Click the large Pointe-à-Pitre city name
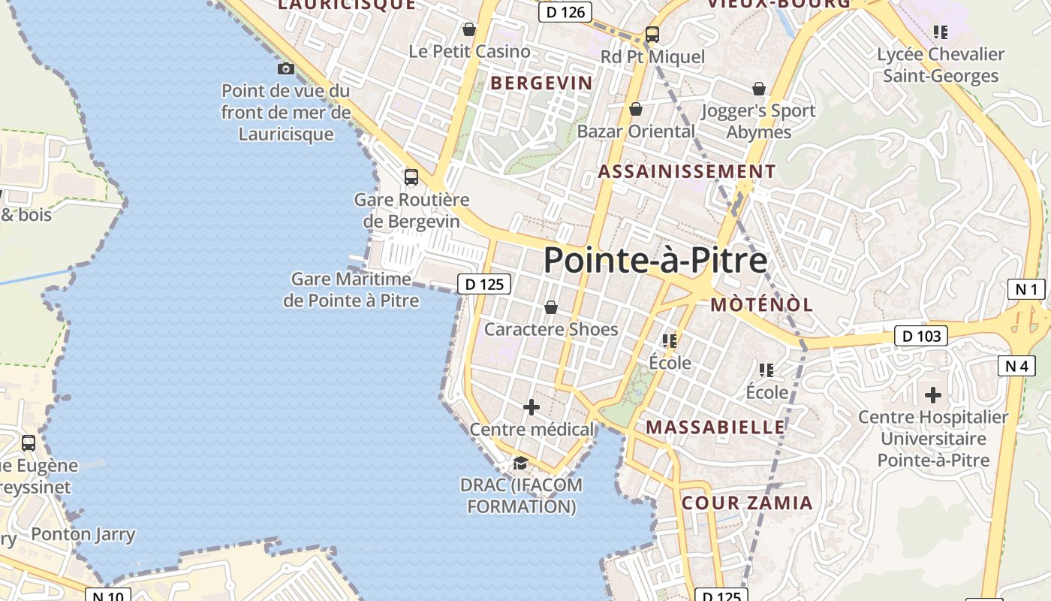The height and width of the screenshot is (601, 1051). click(x=655, y=261)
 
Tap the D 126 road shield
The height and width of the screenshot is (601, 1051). click(x=565, y=12)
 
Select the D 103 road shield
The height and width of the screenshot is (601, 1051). click(x=920, y=336)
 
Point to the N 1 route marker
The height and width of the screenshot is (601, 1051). click(x=1025, y=289)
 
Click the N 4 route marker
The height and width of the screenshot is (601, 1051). click(x=1016, y=366)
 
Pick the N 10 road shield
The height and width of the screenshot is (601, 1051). click(x=108, y=595)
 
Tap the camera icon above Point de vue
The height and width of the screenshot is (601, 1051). click(x=285, y=69)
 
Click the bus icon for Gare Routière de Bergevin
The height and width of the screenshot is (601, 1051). click(x=411, y=177)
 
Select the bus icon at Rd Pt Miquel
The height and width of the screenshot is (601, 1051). click(x=652, y=35)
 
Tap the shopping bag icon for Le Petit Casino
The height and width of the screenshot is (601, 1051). click(x=469, y=29)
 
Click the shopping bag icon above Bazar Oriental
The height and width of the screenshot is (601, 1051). click(x=636, y=109)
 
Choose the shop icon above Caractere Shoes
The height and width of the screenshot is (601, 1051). click(x=550, y=307)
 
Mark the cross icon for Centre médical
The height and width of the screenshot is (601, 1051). click(x=532, y=407)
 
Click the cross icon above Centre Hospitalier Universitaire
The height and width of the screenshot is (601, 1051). click(x=933, y=394)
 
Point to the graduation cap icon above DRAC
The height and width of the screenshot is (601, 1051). click(x=520, y=462)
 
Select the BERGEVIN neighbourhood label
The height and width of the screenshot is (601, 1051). click(x=541, y=83)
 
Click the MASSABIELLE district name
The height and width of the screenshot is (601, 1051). click(x=715, y=427)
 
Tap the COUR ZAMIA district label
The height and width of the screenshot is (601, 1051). click(x=747, y=503)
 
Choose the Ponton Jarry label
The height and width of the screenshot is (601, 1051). click(x=83, y=535)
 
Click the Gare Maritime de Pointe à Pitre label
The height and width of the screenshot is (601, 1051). click(x=351, y=290)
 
